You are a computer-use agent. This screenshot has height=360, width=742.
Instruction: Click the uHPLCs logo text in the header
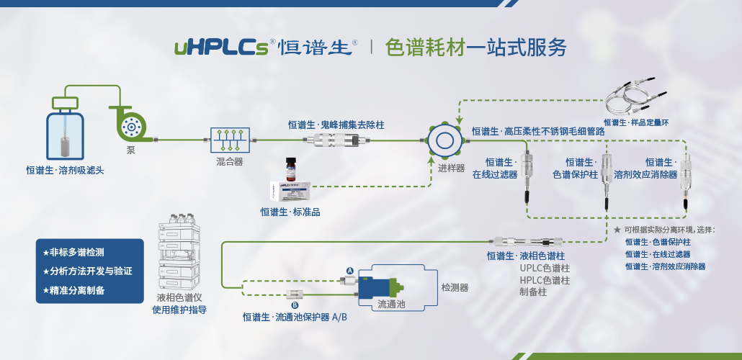[x=222, y=48]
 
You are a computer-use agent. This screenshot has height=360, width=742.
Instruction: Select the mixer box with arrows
[x=229, y=139]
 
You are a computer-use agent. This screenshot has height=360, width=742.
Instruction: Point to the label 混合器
[x=229, y=162]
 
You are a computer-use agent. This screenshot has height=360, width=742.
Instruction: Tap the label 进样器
[x=451, y=168]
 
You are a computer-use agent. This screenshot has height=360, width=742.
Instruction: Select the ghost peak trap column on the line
[x=336, y=140]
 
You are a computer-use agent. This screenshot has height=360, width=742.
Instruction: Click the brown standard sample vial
[x=291, y=171]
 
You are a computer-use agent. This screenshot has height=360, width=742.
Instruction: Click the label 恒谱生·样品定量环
[x=636, y=123]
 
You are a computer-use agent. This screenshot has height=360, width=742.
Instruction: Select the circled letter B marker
[x=295, y=305]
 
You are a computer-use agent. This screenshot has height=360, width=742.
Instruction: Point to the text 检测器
[x=455, y=287]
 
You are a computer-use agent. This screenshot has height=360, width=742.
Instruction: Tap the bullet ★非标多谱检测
[x=73, y=253]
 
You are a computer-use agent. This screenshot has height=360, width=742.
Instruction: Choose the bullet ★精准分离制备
[x=73, y=290]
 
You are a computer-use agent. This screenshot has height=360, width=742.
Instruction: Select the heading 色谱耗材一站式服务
[x=476, y=48]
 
